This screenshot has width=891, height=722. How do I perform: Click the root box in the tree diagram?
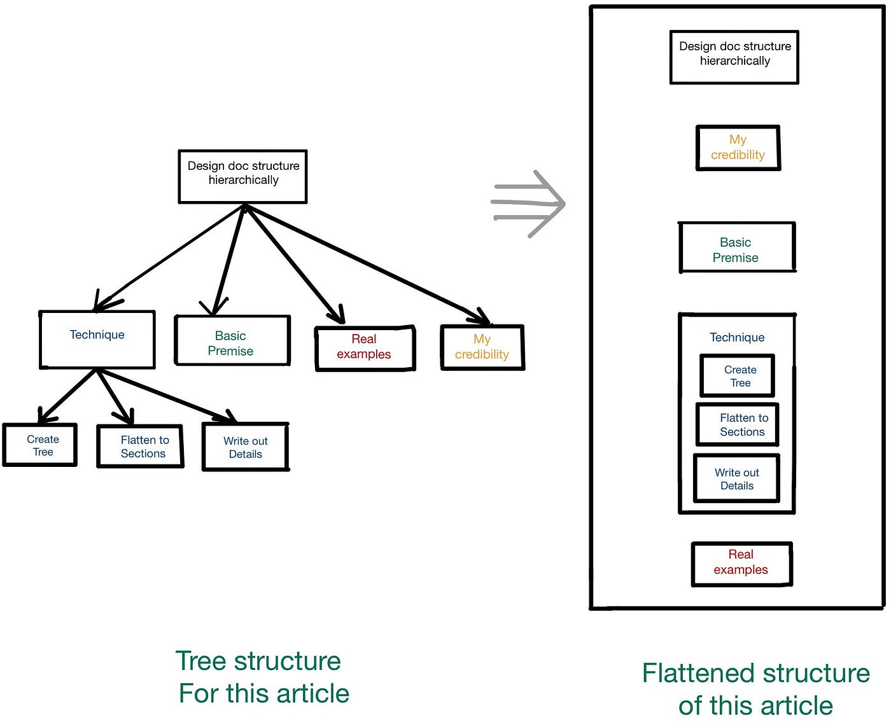pyautogui.click(x=242, y=176)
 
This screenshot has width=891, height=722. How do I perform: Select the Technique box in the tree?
pyautogui.click(x=97, y=339)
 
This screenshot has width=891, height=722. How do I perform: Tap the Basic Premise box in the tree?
pyautogui.click(x=232, y=340)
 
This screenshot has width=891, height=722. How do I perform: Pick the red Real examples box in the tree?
pyautogui.click(x=365, y=348)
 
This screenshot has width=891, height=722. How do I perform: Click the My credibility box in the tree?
pyautogui.click(x=482, y=347)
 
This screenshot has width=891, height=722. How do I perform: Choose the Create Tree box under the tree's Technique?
pyautogui.click(x=39, y=445)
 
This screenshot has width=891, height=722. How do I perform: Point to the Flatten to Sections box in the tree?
pyautogui.click(x=140, y=446)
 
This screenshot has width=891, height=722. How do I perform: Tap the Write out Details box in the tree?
pyautogui.click(x=246, y=447)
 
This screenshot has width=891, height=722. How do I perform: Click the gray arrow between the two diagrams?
pyautogui.click(x=528, y=204)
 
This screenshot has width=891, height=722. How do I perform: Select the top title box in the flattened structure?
pyautogui.click(x=734, y=57)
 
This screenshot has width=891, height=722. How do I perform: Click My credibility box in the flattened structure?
pyautogui.click(x=738, y=148)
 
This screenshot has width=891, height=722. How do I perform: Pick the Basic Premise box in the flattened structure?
pyautogui.click(x=737, y=247)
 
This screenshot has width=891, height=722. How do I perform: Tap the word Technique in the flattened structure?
pyautogui.click(x=737, y=337)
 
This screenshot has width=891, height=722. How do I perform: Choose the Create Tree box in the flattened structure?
pyautogui.click(x=737, y=375)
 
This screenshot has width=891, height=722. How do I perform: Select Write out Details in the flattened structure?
pyautogui.click(x=736, y=479)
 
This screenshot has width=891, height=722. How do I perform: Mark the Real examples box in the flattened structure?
pyautogui.click(x=741, y=564)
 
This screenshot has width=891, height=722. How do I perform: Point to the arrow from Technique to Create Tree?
pyautogui.click(x=67, y=396)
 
